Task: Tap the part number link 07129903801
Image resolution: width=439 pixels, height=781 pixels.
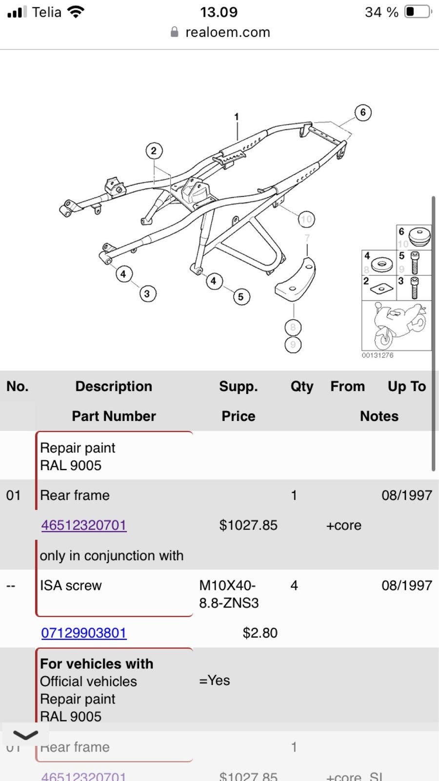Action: point(83,633)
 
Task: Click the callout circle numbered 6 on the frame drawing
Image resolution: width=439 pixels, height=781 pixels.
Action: point(362,113)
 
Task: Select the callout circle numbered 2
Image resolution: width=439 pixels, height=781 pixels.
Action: point(154,151)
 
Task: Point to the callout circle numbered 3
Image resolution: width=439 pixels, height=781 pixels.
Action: point(147,294)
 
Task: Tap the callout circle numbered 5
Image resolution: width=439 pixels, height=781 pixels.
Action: point(240,297)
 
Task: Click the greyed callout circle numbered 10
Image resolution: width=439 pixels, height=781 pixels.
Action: point(306,219)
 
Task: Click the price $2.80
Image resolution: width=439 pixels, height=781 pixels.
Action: point(259,633)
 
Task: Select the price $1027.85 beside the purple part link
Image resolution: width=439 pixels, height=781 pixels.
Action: point(248,525)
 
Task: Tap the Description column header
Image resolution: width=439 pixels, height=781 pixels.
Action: point(114,387)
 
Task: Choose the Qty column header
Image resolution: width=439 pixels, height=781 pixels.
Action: point(301,387)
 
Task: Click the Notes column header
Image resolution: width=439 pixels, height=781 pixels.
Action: point(379,416)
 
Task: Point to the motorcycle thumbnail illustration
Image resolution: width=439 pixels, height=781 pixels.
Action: point(397,325)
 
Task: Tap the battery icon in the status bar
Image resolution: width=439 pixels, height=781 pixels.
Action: point(418,12)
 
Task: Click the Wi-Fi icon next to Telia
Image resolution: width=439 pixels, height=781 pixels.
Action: point(75,12)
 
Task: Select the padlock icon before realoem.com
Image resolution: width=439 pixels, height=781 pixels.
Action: point(174,32)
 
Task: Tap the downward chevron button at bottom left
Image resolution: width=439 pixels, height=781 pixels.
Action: point(25,735)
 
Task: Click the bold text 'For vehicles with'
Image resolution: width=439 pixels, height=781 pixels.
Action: point(97,664)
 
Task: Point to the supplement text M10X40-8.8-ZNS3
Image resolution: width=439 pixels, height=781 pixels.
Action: point(228,594)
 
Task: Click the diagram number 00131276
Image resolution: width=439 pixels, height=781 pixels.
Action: point(377,355)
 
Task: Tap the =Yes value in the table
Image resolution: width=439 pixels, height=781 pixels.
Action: point(214,680)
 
